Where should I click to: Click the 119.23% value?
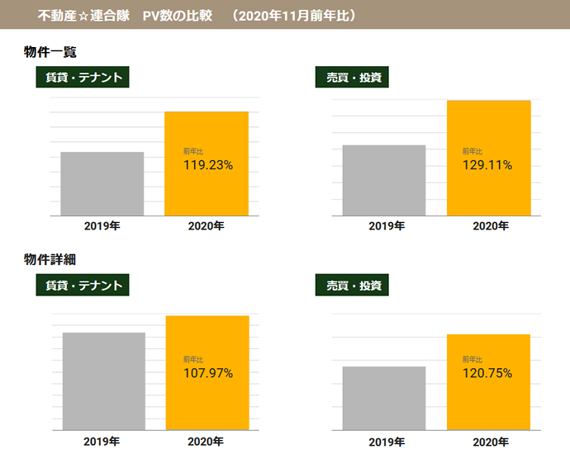(207, 165)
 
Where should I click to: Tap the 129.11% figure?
(487, 165)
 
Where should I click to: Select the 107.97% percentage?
(207, 373)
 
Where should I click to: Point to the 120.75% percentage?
(487, 373)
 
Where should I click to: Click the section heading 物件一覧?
(50, 52)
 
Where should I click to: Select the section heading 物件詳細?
(50, 259)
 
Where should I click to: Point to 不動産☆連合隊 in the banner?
(83, 15)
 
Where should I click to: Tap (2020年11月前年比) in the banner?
(293, 15)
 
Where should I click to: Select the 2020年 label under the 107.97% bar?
(206, 441)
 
